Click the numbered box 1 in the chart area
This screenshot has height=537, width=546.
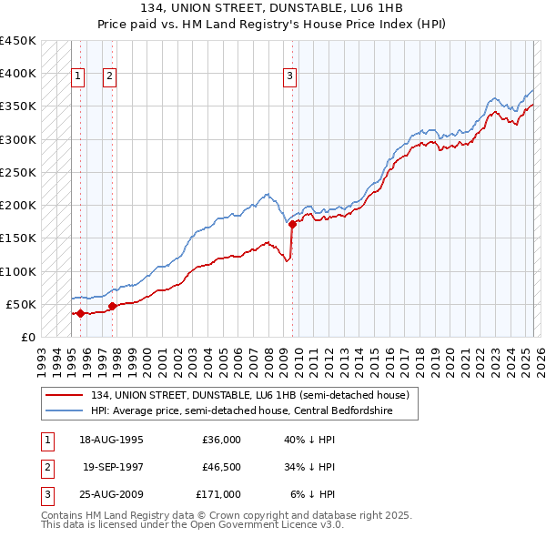point(78,77)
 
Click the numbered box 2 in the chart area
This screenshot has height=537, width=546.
point(109,77)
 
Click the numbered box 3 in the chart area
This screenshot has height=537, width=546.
point(289,77)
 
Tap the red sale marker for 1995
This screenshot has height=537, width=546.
point(80,313)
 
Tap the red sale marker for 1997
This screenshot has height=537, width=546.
point(112,307)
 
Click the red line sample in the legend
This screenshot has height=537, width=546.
point(65,395)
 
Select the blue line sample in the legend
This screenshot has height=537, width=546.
point(65,410)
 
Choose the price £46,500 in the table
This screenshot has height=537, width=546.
point(222,468)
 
